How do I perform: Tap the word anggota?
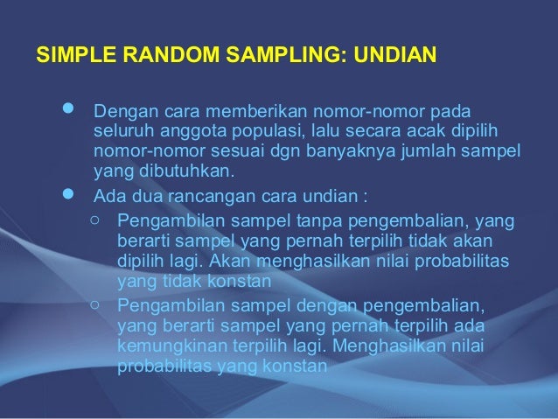(x=182, y=131)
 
